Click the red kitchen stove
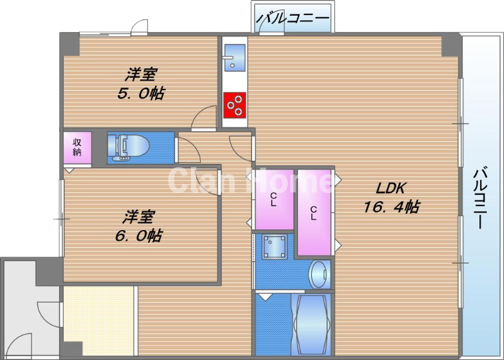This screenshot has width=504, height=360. point(235,105)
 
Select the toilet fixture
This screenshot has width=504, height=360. point(129,148)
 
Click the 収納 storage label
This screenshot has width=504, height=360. point(77,147)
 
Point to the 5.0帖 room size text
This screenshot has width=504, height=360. point(140,94)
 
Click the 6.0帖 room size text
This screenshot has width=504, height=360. point(139,236)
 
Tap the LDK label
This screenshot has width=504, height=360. point(391,189)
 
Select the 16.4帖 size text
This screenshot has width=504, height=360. point(391,207)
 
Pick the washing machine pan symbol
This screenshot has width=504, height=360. point(275,247)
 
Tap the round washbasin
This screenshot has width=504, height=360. point(320,274)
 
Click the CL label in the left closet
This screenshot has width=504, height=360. point(273,199)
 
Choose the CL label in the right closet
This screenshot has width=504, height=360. point(313,213)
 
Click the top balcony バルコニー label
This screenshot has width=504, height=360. point(293,18)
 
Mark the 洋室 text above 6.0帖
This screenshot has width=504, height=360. point(139,217)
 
